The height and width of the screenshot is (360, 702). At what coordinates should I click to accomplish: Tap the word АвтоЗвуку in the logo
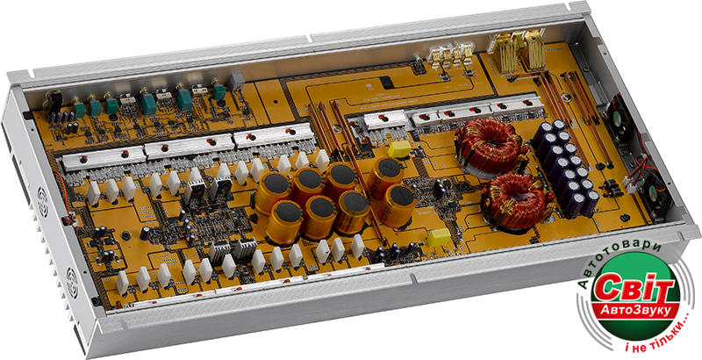633,309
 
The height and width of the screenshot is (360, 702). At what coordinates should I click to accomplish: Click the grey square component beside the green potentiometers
236,81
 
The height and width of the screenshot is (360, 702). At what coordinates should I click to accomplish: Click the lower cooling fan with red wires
655,197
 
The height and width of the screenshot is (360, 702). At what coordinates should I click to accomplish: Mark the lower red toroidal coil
516,202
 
